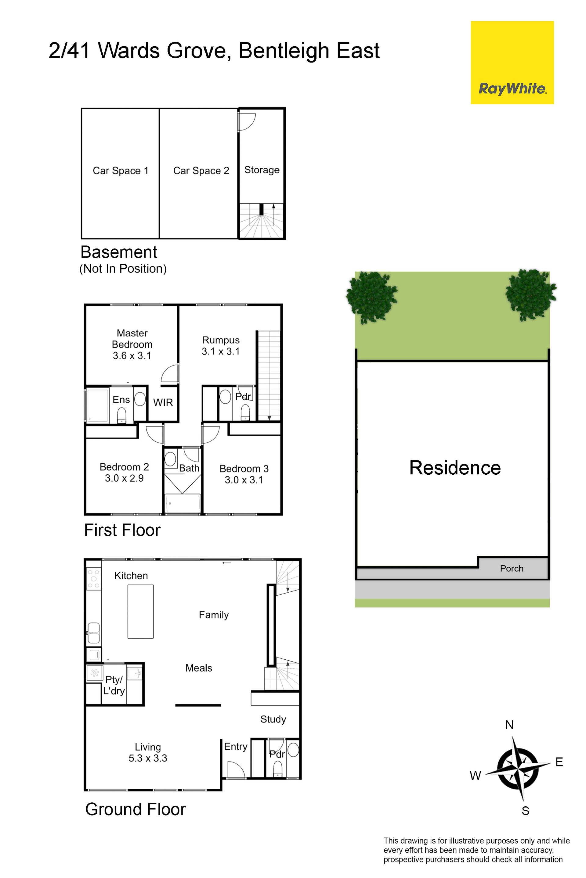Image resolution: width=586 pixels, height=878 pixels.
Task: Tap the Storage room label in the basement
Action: [x=262, y=170]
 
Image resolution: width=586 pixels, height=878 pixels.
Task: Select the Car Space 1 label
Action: [x=120, y=171]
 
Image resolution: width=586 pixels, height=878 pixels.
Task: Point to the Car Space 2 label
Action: [x=201, y=171]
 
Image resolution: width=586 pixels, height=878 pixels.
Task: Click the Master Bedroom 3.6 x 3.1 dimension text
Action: [x=132, y=355]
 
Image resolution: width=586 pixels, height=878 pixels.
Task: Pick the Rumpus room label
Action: [x=221, y=340]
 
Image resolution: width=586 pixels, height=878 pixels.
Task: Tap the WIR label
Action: [x=163, y=402]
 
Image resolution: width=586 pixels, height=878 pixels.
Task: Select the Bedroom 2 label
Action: [x=124, y=467]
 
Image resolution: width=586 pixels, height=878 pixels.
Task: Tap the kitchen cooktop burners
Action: [x=93, y=579]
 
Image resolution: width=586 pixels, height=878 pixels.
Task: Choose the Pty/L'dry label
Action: [x=114, y=685]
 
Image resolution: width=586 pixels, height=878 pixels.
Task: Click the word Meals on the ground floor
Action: [x=199, y=668]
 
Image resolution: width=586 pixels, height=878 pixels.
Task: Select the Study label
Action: [x=273, y=719]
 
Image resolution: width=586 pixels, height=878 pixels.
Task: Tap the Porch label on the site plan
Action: [x=512, y=569]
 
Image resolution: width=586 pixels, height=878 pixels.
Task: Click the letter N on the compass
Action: [x=509, y=725]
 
